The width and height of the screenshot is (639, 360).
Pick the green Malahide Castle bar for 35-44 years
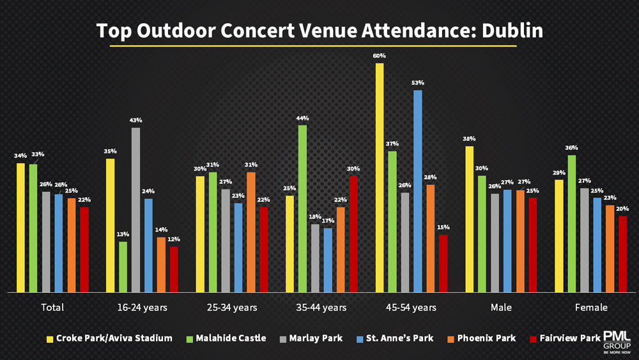302,208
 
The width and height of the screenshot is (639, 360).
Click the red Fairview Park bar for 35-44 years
353,234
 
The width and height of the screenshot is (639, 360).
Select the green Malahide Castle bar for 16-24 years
123,267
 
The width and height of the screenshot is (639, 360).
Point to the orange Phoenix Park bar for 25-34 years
251,231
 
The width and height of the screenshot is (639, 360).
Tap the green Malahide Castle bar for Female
571,223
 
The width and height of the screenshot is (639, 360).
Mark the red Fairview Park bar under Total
84,249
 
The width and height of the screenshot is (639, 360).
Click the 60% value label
380,56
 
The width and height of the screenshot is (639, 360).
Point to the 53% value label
418,83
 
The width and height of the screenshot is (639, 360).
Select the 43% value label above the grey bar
135,120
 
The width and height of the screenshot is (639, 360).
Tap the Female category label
591,308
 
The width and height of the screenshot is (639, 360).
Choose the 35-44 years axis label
321,308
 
